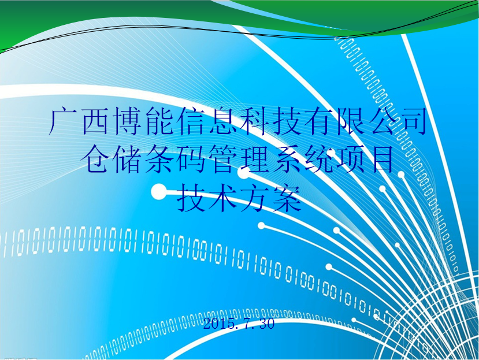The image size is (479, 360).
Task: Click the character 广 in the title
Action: tap(64, 121)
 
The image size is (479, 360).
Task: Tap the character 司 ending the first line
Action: tap(413, 121)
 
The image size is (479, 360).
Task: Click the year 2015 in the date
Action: tap(218, 324)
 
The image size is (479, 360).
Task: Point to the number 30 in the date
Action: tap(267, 324)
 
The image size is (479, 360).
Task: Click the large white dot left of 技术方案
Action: tap(159, 192)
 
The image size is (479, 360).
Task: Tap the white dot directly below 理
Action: tap(243, 173)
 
